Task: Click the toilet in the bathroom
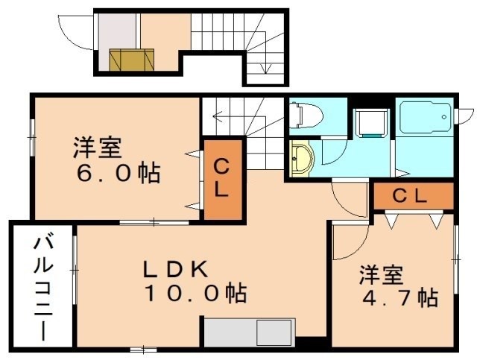point(306,115)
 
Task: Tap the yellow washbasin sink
point(301,157)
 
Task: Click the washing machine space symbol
point(370,122)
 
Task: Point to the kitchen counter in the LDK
point(249,331)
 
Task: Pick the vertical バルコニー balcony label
point(42,286)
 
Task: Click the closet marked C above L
point(223,178)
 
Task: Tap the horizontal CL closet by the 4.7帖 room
point(411,197)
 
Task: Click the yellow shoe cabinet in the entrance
point(132,59)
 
